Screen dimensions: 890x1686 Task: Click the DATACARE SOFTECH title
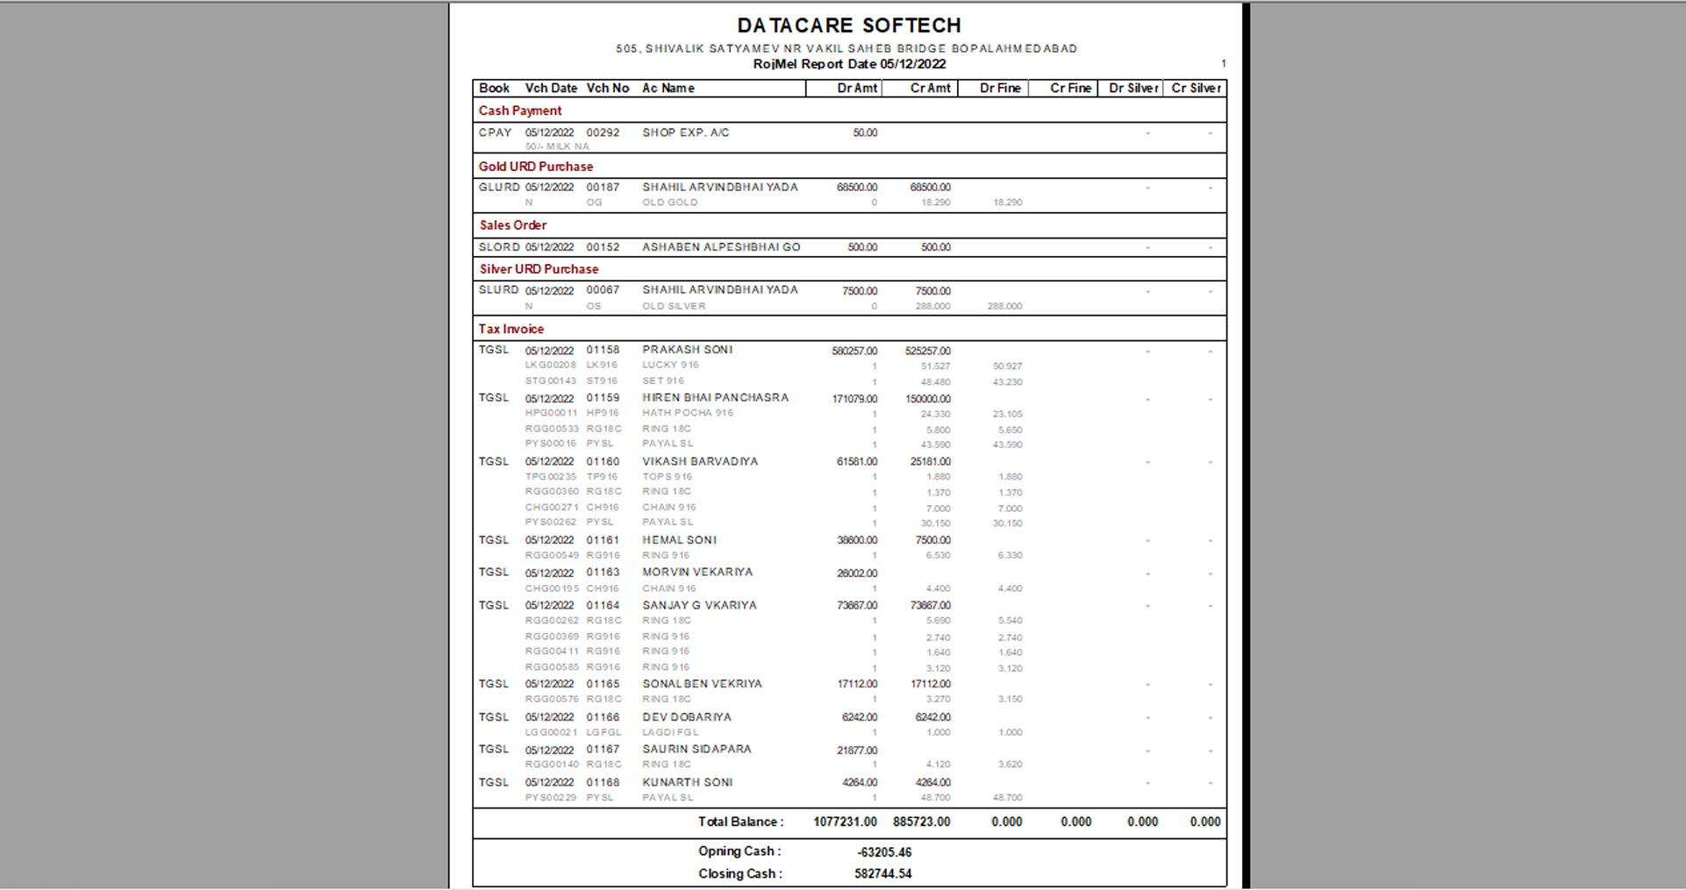(848, 25)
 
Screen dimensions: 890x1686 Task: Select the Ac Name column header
(668, 89)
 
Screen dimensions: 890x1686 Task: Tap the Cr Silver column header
(1195, 89)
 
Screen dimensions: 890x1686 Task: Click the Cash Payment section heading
(520, 111)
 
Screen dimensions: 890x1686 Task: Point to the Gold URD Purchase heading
(536, 167)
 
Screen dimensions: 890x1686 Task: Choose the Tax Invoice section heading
(511, 330)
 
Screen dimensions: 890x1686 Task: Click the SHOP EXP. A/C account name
(685, 133)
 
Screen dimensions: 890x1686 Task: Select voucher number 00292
(603, 133)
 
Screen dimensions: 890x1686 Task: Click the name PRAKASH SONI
(687, 350)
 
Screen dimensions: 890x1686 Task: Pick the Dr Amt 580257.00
(854, 351)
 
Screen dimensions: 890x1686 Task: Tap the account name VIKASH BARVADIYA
(699, 461)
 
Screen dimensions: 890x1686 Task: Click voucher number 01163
(603, 573)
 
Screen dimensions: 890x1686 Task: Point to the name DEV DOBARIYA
(686, 717)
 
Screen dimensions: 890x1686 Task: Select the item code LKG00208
(551, 366)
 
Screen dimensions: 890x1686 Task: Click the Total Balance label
(740, 822)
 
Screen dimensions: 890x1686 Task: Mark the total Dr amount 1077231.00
(845, 822)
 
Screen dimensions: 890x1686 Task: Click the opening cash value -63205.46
(883, 852)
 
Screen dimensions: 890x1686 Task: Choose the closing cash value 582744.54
(882, 874)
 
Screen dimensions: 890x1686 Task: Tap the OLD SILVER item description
(674, 307)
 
